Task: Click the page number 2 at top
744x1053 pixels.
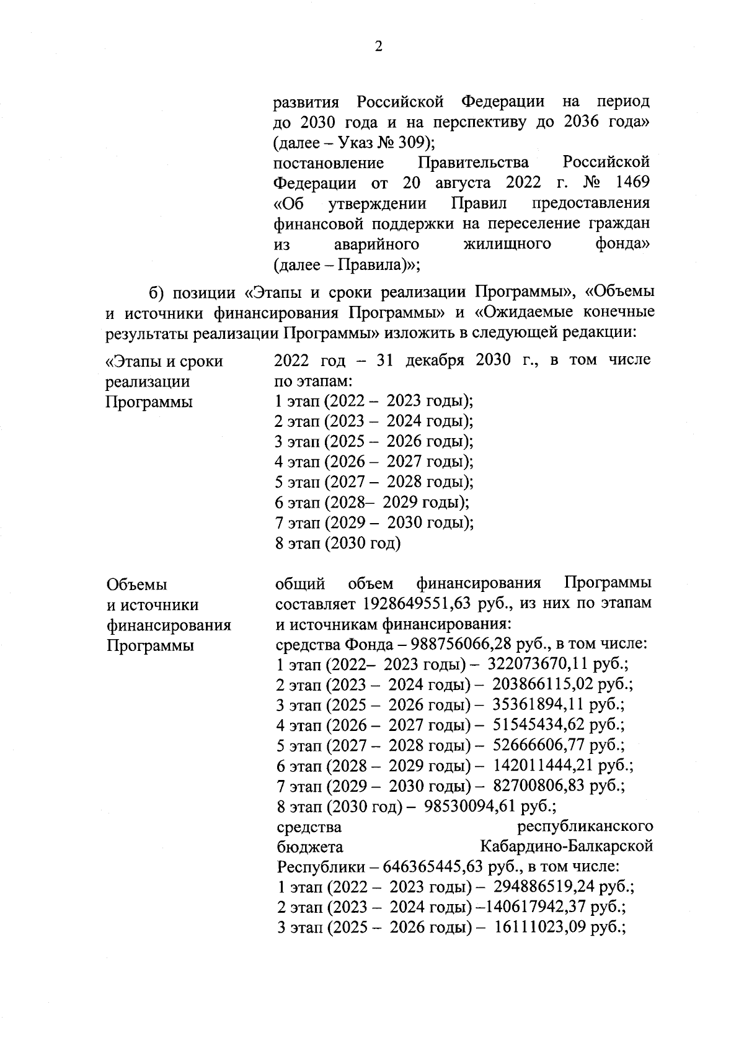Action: click(x=378, y=47)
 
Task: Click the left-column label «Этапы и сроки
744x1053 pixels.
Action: click(x=164, y=361)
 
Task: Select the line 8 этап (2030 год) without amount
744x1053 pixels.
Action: click(x=338, y=544)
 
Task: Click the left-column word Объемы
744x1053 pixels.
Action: click(x=137, y=585)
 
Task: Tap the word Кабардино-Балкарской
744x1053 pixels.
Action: click(x=566, y=847)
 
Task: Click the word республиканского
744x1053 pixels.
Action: click(x=585, y=827)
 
